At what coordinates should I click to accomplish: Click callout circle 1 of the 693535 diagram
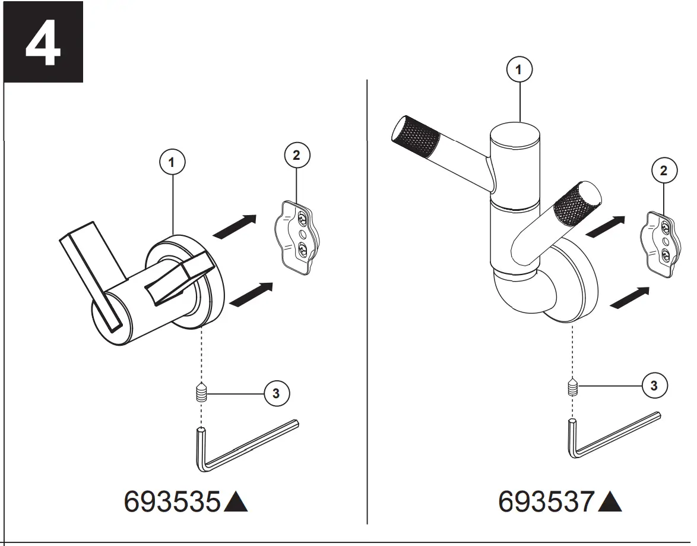tap(173, 162)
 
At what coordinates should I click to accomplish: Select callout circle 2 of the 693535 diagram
tap(297, 156)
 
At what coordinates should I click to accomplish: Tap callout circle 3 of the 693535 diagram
tap(276, 393)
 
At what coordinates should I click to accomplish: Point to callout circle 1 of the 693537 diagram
tap(519, 70)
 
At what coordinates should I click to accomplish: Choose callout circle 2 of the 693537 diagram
tap(664, 171)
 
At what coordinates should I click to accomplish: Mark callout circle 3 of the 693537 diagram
tap(654, 385)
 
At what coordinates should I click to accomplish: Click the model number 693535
tap(172, 502)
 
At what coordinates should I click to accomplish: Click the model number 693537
tap(546, 502)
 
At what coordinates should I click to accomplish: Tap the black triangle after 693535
tap(236, 503)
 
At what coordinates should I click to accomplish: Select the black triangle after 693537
tap(610, 503)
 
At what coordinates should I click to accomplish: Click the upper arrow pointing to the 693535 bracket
tap(235, 227)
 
